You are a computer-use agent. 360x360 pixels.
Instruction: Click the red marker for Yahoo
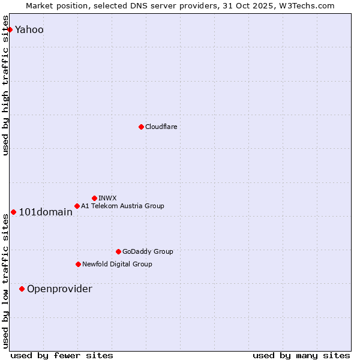(10, 29)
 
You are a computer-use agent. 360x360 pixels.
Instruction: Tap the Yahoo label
(29, 29)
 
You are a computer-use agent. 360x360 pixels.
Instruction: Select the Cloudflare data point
(141, 127)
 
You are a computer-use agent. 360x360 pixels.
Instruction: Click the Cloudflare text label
(161, 127)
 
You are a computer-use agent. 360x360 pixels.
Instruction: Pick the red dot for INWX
(94, 198)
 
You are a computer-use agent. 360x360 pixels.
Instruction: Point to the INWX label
(107, 198)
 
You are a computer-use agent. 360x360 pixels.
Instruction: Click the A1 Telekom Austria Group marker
(77, 206)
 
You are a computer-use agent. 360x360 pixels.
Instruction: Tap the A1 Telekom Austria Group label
(122, 206)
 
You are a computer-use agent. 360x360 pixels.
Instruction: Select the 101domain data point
(13, 212)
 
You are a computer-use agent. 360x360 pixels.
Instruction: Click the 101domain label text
(46, 212)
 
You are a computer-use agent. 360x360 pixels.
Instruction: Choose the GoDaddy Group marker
(118, 251)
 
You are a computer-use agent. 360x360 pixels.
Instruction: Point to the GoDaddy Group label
(148, 251)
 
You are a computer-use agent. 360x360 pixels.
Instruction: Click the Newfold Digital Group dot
(78, 264)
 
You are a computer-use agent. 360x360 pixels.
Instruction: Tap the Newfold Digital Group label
(117, 264)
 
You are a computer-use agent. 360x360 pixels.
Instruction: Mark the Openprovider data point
(22, 289)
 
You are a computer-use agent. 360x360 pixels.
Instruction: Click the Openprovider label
(59, 289)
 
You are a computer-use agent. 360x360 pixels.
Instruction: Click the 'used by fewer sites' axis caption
(62, 355)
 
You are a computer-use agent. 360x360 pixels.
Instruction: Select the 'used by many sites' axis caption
(301, 355)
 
